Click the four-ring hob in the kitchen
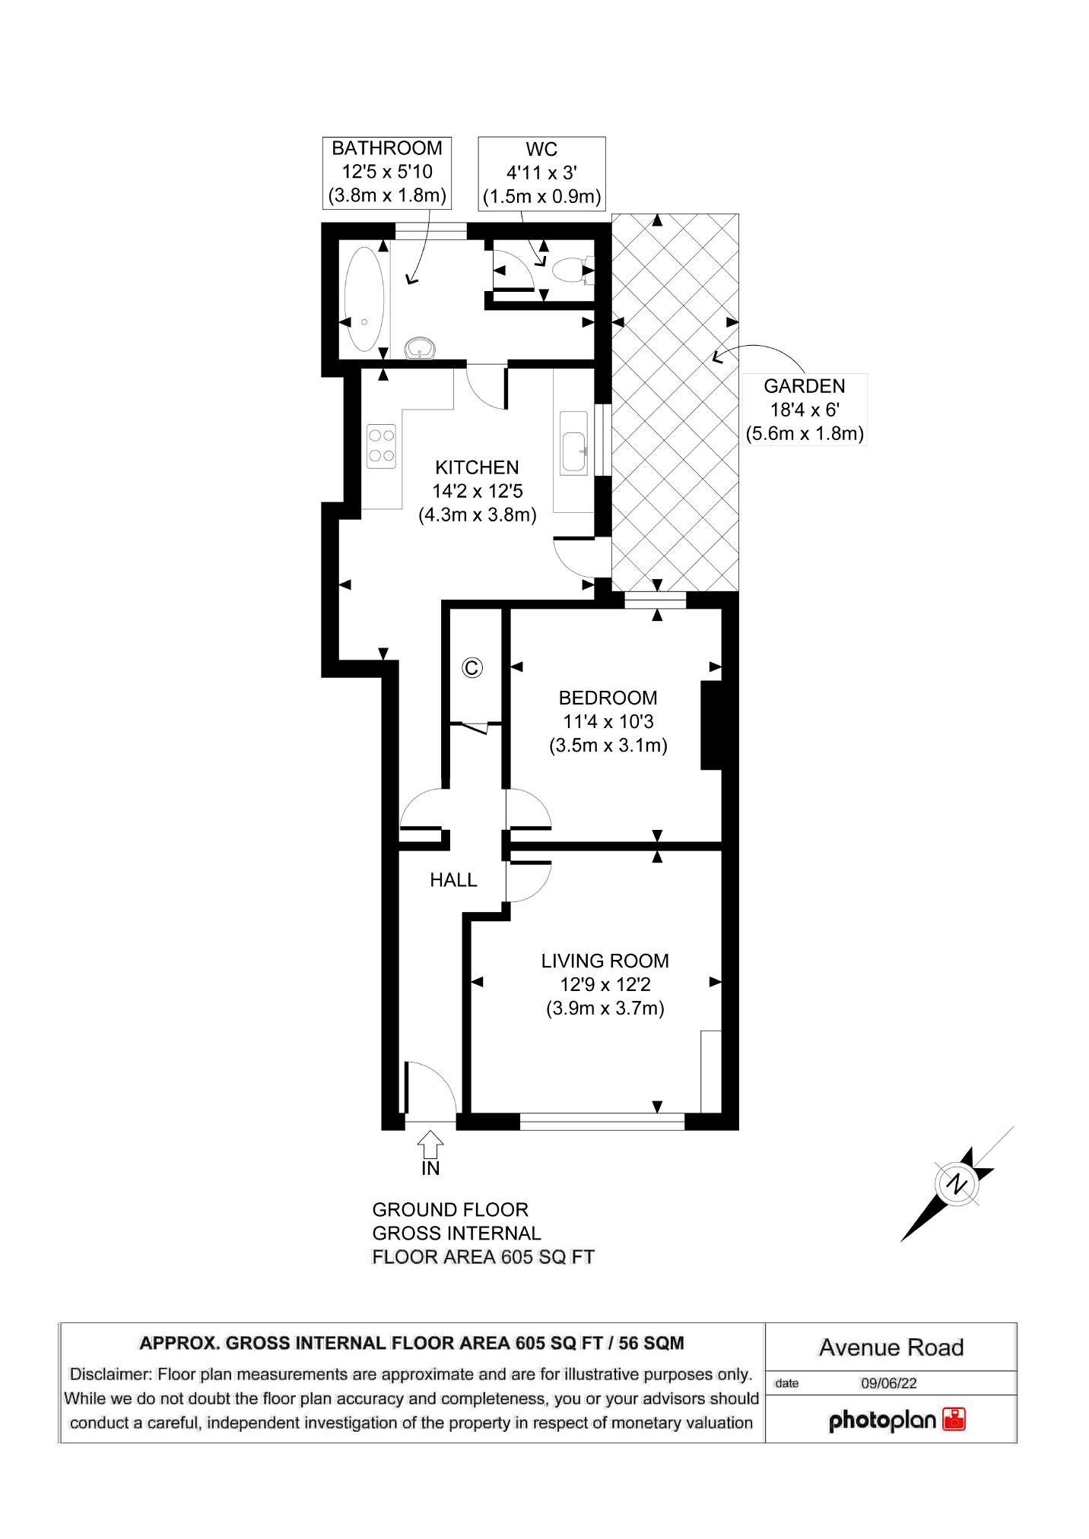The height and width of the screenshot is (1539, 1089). [x=381, y=446]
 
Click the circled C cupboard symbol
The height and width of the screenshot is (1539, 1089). [x=471, y=667]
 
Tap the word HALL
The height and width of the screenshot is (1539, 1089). [x=453, y=880]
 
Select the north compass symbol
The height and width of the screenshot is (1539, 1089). [x=958, y=1183]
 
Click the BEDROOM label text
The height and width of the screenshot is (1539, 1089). [x=608, y=698]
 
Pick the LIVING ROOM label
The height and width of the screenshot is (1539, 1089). [x=605, y=961]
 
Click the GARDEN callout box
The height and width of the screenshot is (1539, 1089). [x=804, y=410]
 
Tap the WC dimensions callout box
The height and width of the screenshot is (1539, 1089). [x=541, y=173]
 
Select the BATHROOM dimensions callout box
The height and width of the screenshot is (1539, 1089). [x=386, y=173]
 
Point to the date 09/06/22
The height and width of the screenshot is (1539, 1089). [x=888, y=1383]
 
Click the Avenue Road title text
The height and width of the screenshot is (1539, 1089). [x=891, y=1347]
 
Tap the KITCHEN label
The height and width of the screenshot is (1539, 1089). [x=477, y=467]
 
